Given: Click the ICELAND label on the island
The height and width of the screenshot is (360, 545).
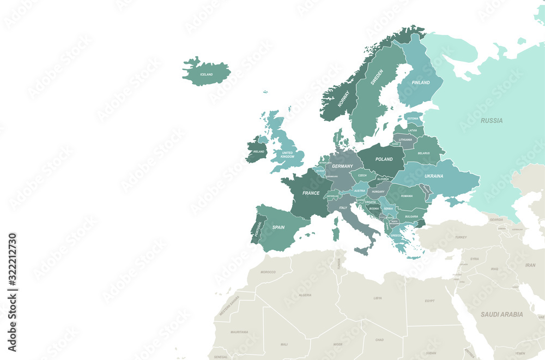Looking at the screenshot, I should pos(207,74).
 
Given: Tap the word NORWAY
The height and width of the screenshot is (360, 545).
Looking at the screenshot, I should pos(343,98).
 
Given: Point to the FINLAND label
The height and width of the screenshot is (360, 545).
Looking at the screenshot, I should pos(421,83).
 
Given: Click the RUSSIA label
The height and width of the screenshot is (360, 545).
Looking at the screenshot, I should pos(492,121).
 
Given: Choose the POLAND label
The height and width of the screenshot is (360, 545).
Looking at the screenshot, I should pos(384,159).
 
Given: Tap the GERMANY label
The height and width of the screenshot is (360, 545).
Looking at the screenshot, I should pos(342,166).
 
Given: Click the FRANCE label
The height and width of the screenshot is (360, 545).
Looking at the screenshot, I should pos(311,193).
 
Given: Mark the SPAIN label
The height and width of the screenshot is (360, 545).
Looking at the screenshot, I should pos(278,227).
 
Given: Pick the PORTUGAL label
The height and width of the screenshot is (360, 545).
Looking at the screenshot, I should pos(257,228).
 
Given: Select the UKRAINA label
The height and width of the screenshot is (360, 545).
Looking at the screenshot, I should pos(434,176).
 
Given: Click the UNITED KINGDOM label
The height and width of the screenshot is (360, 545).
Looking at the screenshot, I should pos(287,155).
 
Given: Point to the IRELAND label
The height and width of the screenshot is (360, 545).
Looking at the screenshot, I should pos(258,152).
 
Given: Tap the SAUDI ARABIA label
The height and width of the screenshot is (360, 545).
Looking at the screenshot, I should pos(501,314).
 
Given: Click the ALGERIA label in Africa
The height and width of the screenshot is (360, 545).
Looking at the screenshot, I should pos(305,295).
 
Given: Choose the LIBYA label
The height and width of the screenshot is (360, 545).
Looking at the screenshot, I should pos(377,298).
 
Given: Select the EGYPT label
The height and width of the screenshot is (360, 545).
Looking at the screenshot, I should pos(429,301).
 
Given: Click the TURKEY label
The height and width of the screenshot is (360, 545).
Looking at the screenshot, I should pos(461,237).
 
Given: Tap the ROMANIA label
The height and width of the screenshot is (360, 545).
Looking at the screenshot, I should pos(407,196).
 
